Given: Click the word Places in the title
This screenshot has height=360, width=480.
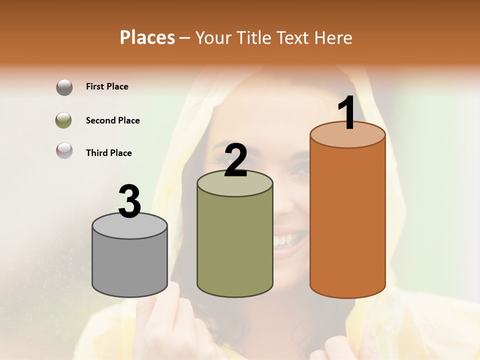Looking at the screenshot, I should pyautogui.click(x=147, y=37).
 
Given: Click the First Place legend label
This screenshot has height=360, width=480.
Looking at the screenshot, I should pyautogui.click(x=107, y=86).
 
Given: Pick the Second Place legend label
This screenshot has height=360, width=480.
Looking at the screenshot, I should pyautogui.click(x=112, y=120).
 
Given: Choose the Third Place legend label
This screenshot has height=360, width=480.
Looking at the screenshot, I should pyautogui.click(x=108, y=153).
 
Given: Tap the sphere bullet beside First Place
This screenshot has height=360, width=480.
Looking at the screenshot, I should pyautogui.click(x=64, y=87).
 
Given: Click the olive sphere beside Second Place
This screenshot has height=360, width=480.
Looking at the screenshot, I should pyautogui.click(x=63, y=120).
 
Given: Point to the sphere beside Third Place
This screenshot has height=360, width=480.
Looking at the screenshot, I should pyautogui.click(x=64, y=150).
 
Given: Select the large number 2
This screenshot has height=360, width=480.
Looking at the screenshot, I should pyautogui.click(x=236, y=160).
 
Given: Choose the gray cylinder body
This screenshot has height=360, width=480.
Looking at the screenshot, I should pyautogui.click(x=130, y=265).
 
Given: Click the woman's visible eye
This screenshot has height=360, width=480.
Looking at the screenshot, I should pyautogui.click(x=300, y=170).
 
